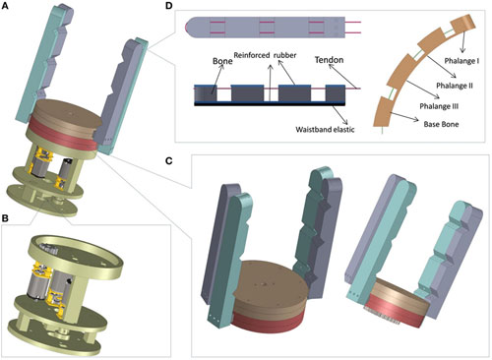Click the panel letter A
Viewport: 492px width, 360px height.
[x=5, y=6]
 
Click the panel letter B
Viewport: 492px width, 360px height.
[x=5, y=217]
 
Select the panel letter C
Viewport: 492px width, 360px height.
[x=168, y=160]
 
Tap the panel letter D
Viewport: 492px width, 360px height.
[x=168, y=6]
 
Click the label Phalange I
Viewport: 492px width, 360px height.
[x=461, y=61]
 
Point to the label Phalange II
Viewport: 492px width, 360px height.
[x=455, y=86]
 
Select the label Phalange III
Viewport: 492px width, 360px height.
[x=439, y=106]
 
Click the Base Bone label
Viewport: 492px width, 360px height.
[x=441, y=124]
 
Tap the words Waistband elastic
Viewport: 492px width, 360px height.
[x=325, y=129]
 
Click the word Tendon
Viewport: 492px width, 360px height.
[x=329, y=60]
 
